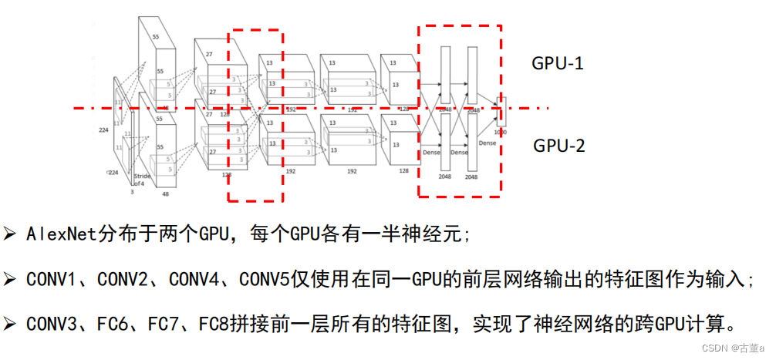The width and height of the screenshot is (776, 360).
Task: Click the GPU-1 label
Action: pyautogui.click(x=557, y=64)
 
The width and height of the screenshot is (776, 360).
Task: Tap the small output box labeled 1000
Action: pyautogui.click(x=501, y=113)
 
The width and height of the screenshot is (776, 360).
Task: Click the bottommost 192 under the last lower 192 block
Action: pyautogui.click(x=352, y=171)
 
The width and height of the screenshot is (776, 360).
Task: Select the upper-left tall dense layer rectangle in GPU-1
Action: pyautogui.click(x=445, y=76)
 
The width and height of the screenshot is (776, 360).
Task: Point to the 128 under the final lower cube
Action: pyautogui.click(x=403, y=171)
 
